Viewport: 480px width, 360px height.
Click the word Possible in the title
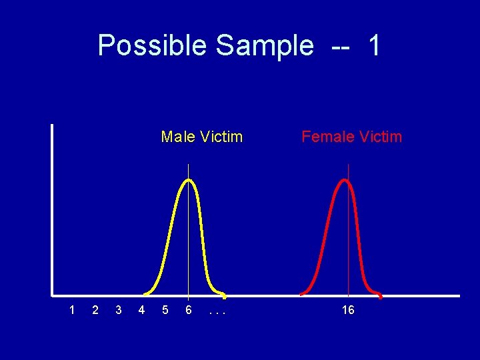click(152, 45)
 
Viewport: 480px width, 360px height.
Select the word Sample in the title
click(264, 45)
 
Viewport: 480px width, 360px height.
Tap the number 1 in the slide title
click(374, 45)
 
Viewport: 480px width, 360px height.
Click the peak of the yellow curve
click(189, 179)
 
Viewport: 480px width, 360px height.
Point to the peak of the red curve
click(345, 179)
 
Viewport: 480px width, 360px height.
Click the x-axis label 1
click(71, 310)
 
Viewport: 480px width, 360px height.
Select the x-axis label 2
click(95, 310)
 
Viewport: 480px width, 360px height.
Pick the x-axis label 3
click(118, 310)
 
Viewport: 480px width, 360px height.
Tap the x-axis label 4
click(141, 310)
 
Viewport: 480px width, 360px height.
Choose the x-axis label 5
click(165, 310)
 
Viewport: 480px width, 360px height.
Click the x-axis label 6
click(189, 310)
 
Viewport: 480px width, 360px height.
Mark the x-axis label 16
click(348, 310)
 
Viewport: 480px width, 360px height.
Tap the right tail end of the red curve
click(380, 294)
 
